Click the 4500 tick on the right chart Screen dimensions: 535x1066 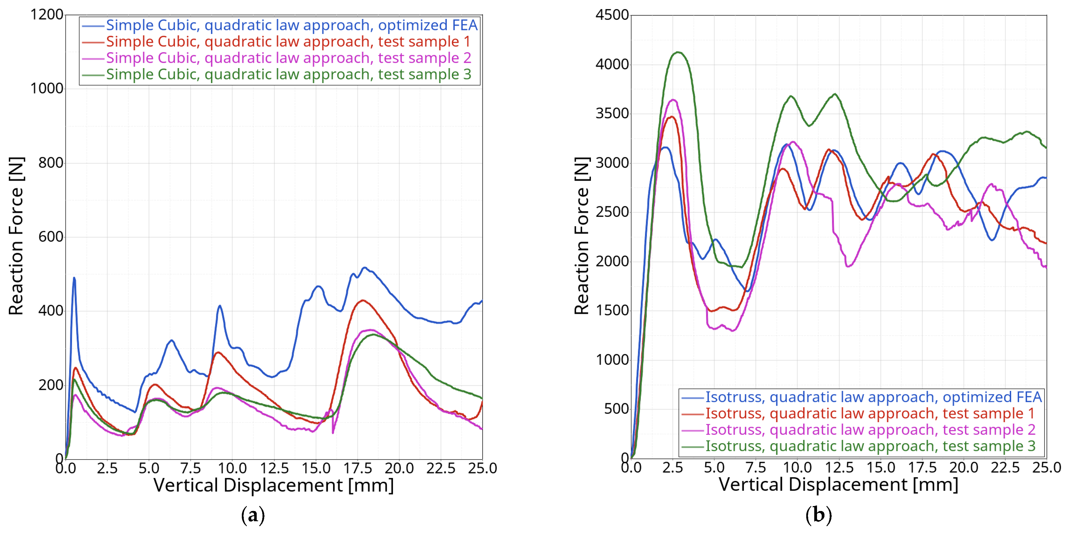(612, 15)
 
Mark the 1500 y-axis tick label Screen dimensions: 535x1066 (612, 310)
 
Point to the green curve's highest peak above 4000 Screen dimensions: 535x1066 (678, 52)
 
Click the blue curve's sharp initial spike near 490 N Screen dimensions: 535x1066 (74, 278)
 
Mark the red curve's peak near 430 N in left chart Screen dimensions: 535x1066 (363, 300)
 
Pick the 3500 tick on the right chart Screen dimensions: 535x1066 (612, 113)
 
